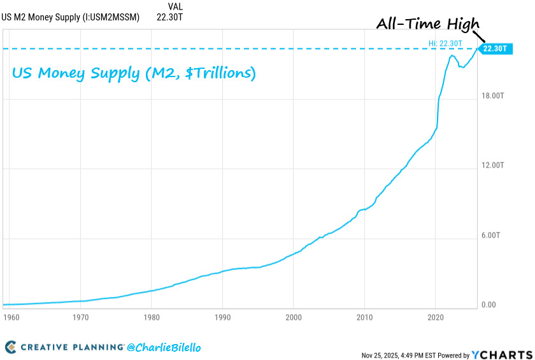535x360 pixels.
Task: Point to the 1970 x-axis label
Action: point(80,316)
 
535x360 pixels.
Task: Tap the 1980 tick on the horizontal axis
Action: point(151,316)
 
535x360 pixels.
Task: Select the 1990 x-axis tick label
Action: point(222,316)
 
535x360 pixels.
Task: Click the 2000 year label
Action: point(293,316)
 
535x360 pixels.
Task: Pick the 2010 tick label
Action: point(364,316)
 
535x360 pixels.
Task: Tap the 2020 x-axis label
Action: point(436,316)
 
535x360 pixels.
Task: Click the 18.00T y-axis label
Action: point(493,96)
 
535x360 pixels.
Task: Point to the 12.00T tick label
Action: point(493,166)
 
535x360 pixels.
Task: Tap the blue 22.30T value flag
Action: point(494,48)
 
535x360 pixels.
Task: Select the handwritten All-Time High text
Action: point(427,24)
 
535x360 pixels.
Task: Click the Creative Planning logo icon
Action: point(11,347)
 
